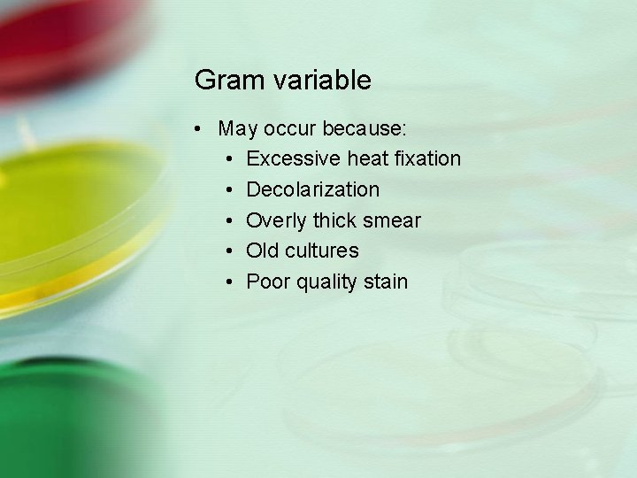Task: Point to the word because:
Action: pos(365,128)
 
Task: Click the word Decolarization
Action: pos(313,189)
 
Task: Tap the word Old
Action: pos(262,251)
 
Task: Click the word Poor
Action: pos(266,281)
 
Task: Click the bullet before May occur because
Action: pos(203,129)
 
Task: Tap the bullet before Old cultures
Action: pos(229,251)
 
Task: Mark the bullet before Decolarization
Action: pos(229,190)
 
